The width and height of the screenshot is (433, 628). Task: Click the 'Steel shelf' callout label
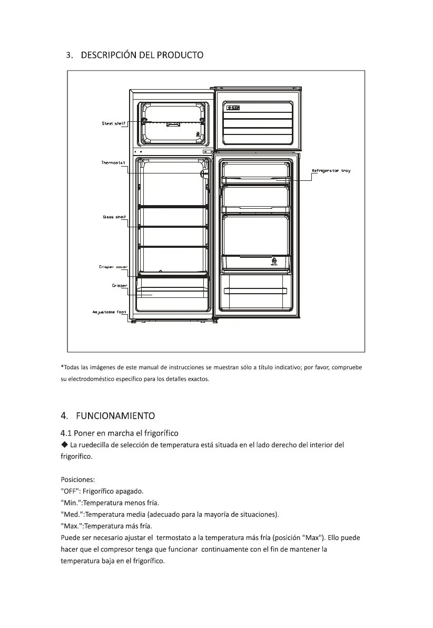click(x=113, y=123)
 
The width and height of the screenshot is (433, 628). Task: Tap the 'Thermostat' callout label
click(x=112, y=162)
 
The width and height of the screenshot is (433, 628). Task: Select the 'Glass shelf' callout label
click(x=114, y=217)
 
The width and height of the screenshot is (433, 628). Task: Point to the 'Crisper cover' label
click(x=113, y=267)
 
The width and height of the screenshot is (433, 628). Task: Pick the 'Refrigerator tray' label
click(x=331, y=171)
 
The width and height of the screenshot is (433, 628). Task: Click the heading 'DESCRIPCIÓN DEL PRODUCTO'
click(x=142, y=55)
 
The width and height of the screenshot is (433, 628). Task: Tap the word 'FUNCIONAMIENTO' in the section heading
click(x=115, y=415)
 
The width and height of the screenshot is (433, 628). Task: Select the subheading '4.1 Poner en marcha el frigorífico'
click(x=119, y=433)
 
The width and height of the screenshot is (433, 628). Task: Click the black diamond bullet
click(x=64, y=445)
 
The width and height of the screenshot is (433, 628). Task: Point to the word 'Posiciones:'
click(x=78, y=480)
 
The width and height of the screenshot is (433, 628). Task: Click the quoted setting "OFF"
click(x=70, y=491)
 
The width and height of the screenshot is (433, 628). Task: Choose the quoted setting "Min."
click(x=71, y=503)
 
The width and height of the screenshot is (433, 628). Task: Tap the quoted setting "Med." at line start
click(x=72, y=514)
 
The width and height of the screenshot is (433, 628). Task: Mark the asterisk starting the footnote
click(x=62, y=367)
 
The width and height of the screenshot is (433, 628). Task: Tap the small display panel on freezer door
click(x=233, y=108)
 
